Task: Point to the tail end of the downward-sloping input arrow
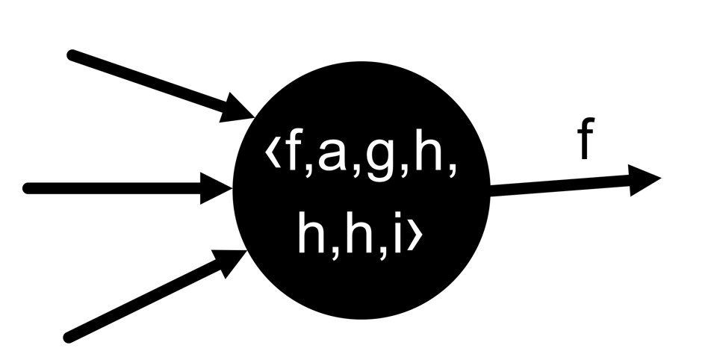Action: click(x=72, y=55)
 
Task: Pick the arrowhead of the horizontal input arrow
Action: click(x=219, y=188)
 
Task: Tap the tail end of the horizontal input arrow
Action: click(x=28, y=188)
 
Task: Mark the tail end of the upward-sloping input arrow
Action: click(x=69, y=336)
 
